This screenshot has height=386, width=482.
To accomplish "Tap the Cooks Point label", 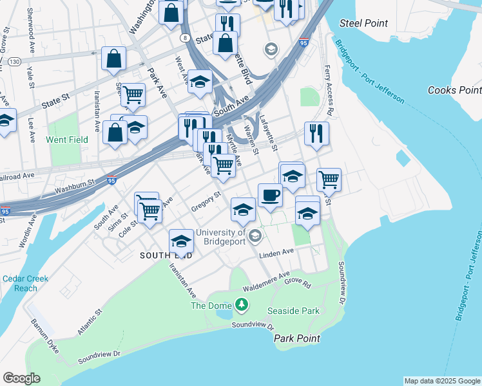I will point(454,91).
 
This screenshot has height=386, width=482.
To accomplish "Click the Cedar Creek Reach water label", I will point(25,283).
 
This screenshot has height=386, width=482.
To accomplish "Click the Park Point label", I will point(296,338).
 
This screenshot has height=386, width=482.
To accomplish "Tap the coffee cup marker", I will point(270,194).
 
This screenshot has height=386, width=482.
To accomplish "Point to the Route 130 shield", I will point(14,60).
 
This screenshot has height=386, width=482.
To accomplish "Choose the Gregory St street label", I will point(206,200).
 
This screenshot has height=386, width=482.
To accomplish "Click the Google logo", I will point(22,378).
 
